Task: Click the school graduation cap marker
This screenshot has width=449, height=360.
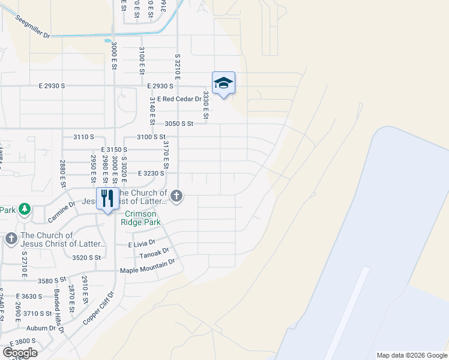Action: [x=223, y=83]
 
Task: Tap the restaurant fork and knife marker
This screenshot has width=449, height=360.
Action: [x=107, y=197]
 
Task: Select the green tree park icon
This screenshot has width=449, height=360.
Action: [x=25, y=209]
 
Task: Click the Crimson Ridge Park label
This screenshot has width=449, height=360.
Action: [x=140, y=218]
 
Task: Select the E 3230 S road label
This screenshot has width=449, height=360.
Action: [x=151, y=173]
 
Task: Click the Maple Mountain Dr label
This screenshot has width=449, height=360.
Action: [x=147, y=266]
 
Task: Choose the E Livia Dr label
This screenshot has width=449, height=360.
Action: [x=142, y=245]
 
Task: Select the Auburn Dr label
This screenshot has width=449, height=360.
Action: [x=38, y=328]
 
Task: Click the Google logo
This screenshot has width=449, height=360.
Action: [x=20, y=353]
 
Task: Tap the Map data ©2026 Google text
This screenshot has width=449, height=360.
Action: [x=411, y=355]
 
